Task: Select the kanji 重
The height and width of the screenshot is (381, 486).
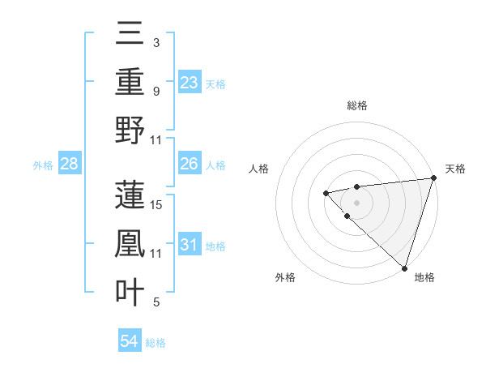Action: (x=130, y=83)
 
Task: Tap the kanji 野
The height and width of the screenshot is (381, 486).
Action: (x=130, y=130)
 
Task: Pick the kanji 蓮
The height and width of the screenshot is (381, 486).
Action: (x=130, y=195)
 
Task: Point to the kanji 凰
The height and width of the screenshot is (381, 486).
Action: (x=130, y=243)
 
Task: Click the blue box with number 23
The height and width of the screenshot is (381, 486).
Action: (x=190, y=83)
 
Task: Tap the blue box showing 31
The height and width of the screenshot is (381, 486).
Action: (x=190, y=245)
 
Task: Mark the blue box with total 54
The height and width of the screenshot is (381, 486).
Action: (x=130, y=342)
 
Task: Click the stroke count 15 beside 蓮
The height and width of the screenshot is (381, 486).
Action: (x=157, y=205)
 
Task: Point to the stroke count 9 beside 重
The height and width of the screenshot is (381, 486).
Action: (x=156, y=91)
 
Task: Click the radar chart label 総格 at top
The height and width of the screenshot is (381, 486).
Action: (x=357, y=105)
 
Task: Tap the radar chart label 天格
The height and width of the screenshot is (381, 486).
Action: (x=455, y=169)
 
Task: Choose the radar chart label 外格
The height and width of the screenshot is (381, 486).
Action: (x=285, y=278)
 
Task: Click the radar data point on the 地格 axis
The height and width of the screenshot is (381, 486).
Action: (x=404, y=268)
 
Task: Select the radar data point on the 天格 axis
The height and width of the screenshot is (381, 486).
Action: (x=433, y=178)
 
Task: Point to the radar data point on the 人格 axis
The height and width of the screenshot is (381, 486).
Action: (x=326, y=193)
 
